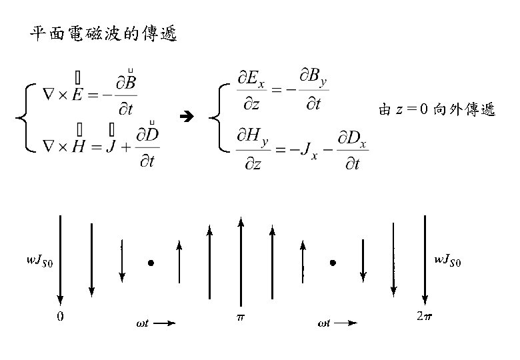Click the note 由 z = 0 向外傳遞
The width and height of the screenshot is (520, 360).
[x=436, y=110]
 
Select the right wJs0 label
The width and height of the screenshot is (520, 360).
[x=447, y=261]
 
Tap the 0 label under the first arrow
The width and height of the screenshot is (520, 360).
[x=60, y=317]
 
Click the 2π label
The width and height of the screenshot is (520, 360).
[x=423, y=317]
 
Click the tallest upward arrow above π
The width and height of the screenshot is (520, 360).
[x=241, y=260]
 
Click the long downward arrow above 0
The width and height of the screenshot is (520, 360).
[x=61, y=260]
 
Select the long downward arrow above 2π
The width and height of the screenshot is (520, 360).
[x=425, y=260]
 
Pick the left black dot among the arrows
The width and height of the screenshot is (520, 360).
[x=151, y=263]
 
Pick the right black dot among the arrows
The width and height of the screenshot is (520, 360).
[x=333, y=263]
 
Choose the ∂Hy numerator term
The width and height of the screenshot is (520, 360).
[x=253, y=139]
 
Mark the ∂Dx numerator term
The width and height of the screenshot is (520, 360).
[x=351, y=139]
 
